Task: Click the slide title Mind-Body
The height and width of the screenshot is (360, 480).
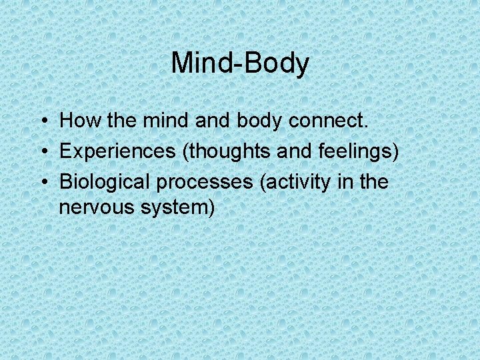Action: tap(240, 63)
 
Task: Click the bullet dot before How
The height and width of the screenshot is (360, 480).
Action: tap(42, 122)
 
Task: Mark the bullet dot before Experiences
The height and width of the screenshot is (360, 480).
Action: tap(42, 152)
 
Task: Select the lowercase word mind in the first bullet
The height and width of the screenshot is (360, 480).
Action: tap(163, 121)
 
